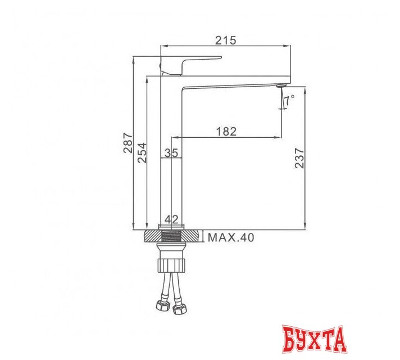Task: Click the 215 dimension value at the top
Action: tap(226, 40)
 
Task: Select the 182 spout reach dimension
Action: tap(226, 131)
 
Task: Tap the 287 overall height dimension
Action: tap(128, 143)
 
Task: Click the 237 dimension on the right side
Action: tap(299, 158)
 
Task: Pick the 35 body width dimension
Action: tap(171, 152)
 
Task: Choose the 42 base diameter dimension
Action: tap(172, 219)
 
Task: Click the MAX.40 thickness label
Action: tap(231, 237)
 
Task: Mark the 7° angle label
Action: tap(289, 101)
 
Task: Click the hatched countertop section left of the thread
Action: tap(151, 236)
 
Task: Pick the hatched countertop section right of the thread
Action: tap(192, 236)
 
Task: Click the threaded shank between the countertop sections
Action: tap(172, 236)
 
